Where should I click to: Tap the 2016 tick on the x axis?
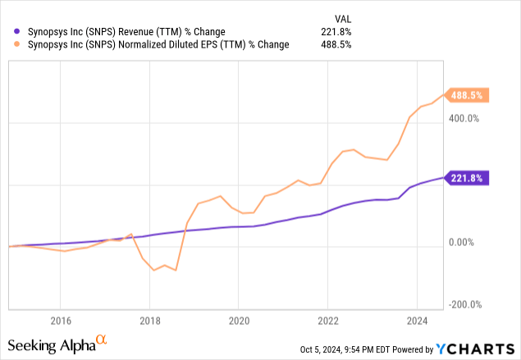coord(60,321)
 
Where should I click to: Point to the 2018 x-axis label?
coord(149,321)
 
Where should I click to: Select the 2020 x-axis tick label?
coord(239,321)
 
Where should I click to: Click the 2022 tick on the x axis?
coord(327,321)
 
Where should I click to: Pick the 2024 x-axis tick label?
coord(417,321)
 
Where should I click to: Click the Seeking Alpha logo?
coord(57,342)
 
